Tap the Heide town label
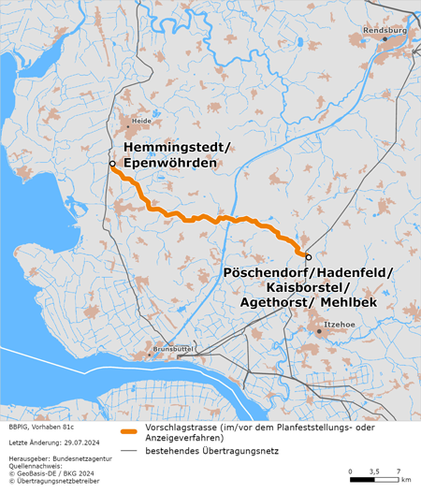(141, 121)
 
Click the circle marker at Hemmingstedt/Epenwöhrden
(112, 164)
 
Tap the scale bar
(375, 480)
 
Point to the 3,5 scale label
(375, 471)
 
